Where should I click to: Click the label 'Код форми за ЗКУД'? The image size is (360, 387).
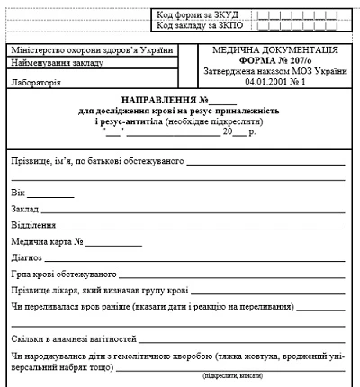click(x=197, y=15)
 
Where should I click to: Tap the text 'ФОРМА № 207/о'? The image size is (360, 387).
click(x=274, y=60)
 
